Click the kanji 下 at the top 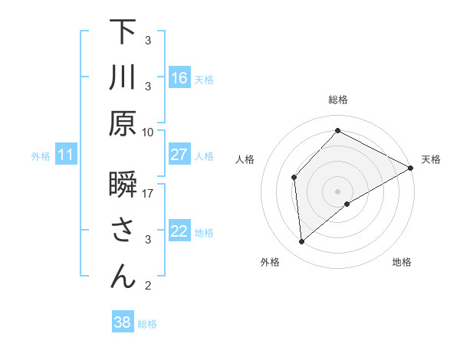pos(123,32)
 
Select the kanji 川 pos(123,78)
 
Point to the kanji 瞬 pos(123,186)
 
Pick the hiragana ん pos(123,277)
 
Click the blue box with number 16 pos(179,78)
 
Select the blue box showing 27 pos(179,155)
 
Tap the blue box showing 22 pos(179,231)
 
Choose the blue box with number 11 pos(65,155)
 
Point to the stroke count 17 pos(148,193)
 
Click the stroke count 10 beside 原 pos(148,132)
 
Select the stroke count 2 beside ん pos(148,286)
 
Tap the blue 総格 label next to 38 pos(147,323)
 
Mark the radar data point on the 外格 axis pos(302,242)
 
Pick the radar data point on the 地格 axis pos(347,204)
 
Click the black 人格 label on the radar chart pos(245,159)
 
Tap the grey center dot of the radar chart pos(337,191)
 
